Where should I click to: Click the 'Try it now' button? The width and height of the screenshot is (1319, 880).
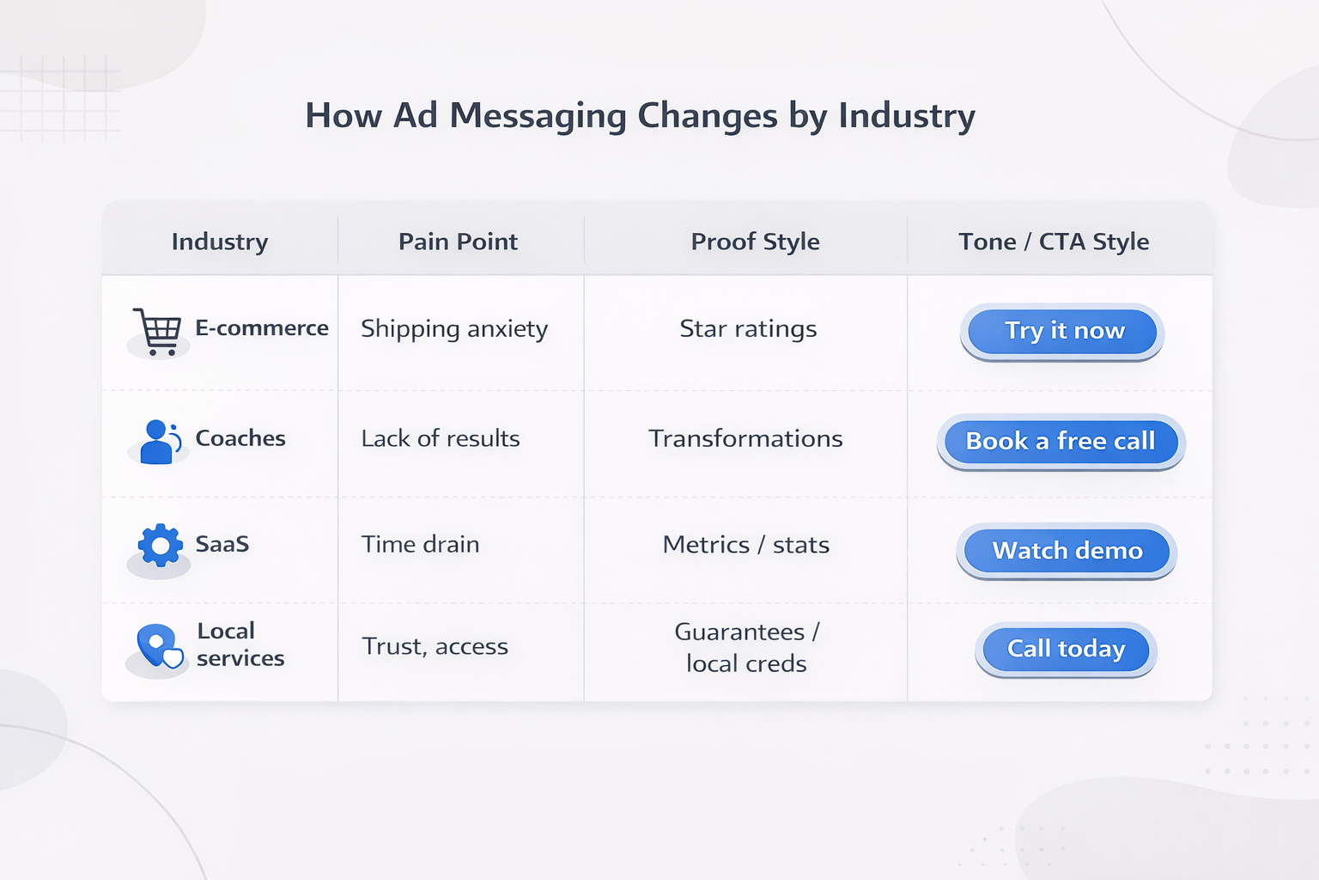pos(1062,332)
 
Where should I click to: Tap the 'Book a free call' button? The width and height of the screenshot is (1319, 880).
pos(1061,442)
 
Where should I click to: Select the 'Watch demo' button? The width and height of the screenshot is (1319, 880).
pos(1067,551)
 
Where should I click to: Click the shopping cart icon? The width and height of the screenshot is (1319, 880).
pos(157,331)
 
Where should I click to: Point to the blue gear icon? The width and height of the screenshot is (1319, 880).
pos(160,546)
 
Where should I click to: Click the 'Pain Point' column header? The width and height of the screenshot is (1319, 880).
pos(458,241)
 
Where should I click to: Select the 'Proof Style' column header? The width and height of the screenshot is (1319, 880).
pos(755,241)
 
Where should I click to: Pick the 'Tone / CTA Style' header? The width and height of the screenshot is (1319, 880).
pos(1054,241)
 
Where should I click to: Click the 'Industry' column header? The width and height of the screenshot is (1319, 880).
pos(220,241)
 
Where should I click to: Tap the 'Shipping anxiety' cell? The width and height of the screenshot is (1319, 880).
pos(454,329)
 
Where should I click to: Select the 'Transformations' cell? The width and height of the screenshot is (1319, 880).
pos(745,438)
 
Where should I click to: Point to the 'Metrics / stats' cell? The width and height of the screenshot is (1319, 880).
pos(745,545)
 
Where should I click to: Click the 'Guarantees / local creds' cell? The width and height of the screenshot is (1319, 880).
pos(746,647)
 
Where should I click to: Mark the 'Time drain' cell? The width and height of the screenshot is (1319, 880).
pos(420,545)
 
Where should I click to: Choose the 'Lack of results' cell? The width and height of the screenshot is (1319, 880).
pos(441,438)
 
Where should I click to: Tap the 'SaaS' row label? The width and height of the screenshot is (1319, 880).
pos(222,544)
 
